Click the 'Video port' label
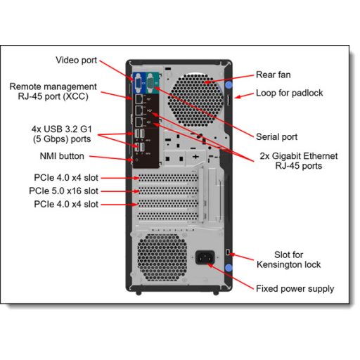[x=76, y=60]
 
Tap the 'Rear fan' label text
[x=274, y=75]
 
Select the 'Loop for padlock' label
[x=288, y=92]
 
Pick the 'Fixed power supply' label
[x=295, y=288]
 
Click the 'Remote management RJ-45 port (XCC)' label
[x=53, y=92]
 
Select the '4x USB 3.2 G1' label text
[x=62, y=129]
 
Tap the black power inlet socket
[x=207, y=258]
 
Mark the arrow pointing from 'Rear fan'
[x=236, y=78]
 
